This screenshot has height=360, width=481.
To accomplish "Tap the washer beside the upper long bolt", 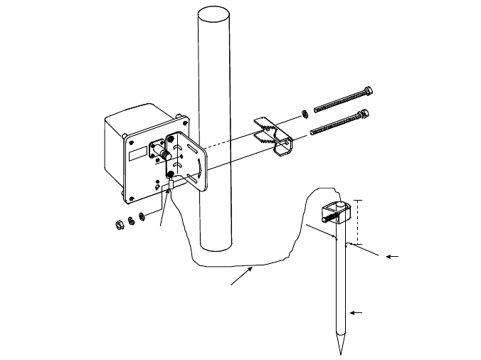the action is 304,112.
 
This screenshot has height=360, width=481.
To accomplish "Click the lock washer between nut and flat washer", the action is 131,220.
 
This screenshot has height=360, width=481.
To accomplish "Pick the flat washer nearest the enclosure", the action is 141,216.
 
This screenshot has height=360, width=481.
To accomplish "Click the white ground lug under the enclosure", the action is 167,187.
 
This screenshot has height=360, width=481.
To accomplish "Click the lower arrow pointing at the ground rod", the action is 351,312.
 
